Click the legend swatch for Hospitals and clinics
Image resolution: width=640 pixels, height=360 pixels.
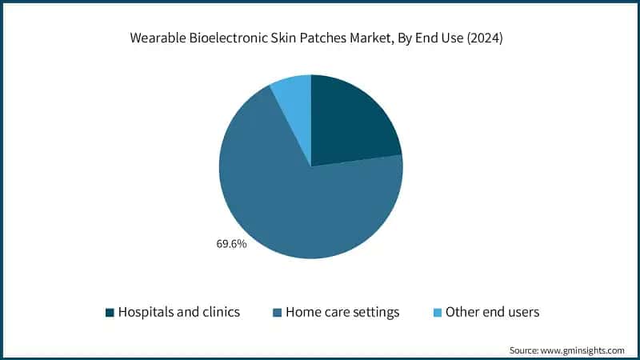pos(110,312)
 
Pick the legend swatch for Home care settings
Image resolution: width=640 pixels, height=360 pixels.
pos(277,312)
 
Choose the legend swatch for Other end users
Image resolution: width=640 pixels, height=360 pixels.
pos(436,312)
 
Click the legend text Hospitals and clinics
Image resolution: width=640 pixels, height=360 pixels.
pos(179,312)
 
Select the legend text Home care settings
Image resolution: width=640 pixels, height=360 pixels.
pos(342,312)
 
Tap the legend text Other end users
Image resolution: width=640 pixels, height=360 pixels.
pos(492,312)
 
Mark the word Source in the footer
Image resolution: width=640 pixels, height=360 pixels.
pos(525,350)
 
